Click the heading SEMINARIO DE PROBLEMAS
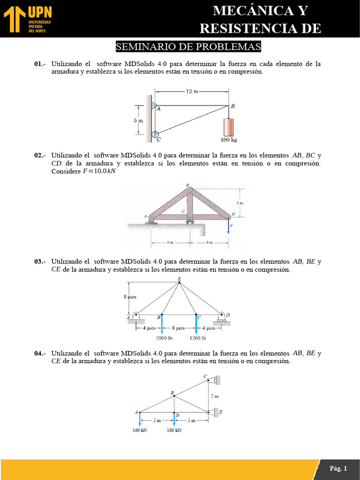(x=187, y=47)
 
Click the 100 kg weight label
(x=229, y=140)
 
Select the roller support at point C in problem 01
(x=155, y=135)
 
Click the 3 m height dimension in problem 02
(x=240, y=203)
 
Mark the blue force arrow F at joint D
(x=229, y=227)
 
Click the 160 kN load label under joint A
(x=140, y=430)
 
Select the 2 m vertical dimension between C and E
(x=214, y=396)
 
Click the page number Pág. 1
(x=338, y=468)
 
